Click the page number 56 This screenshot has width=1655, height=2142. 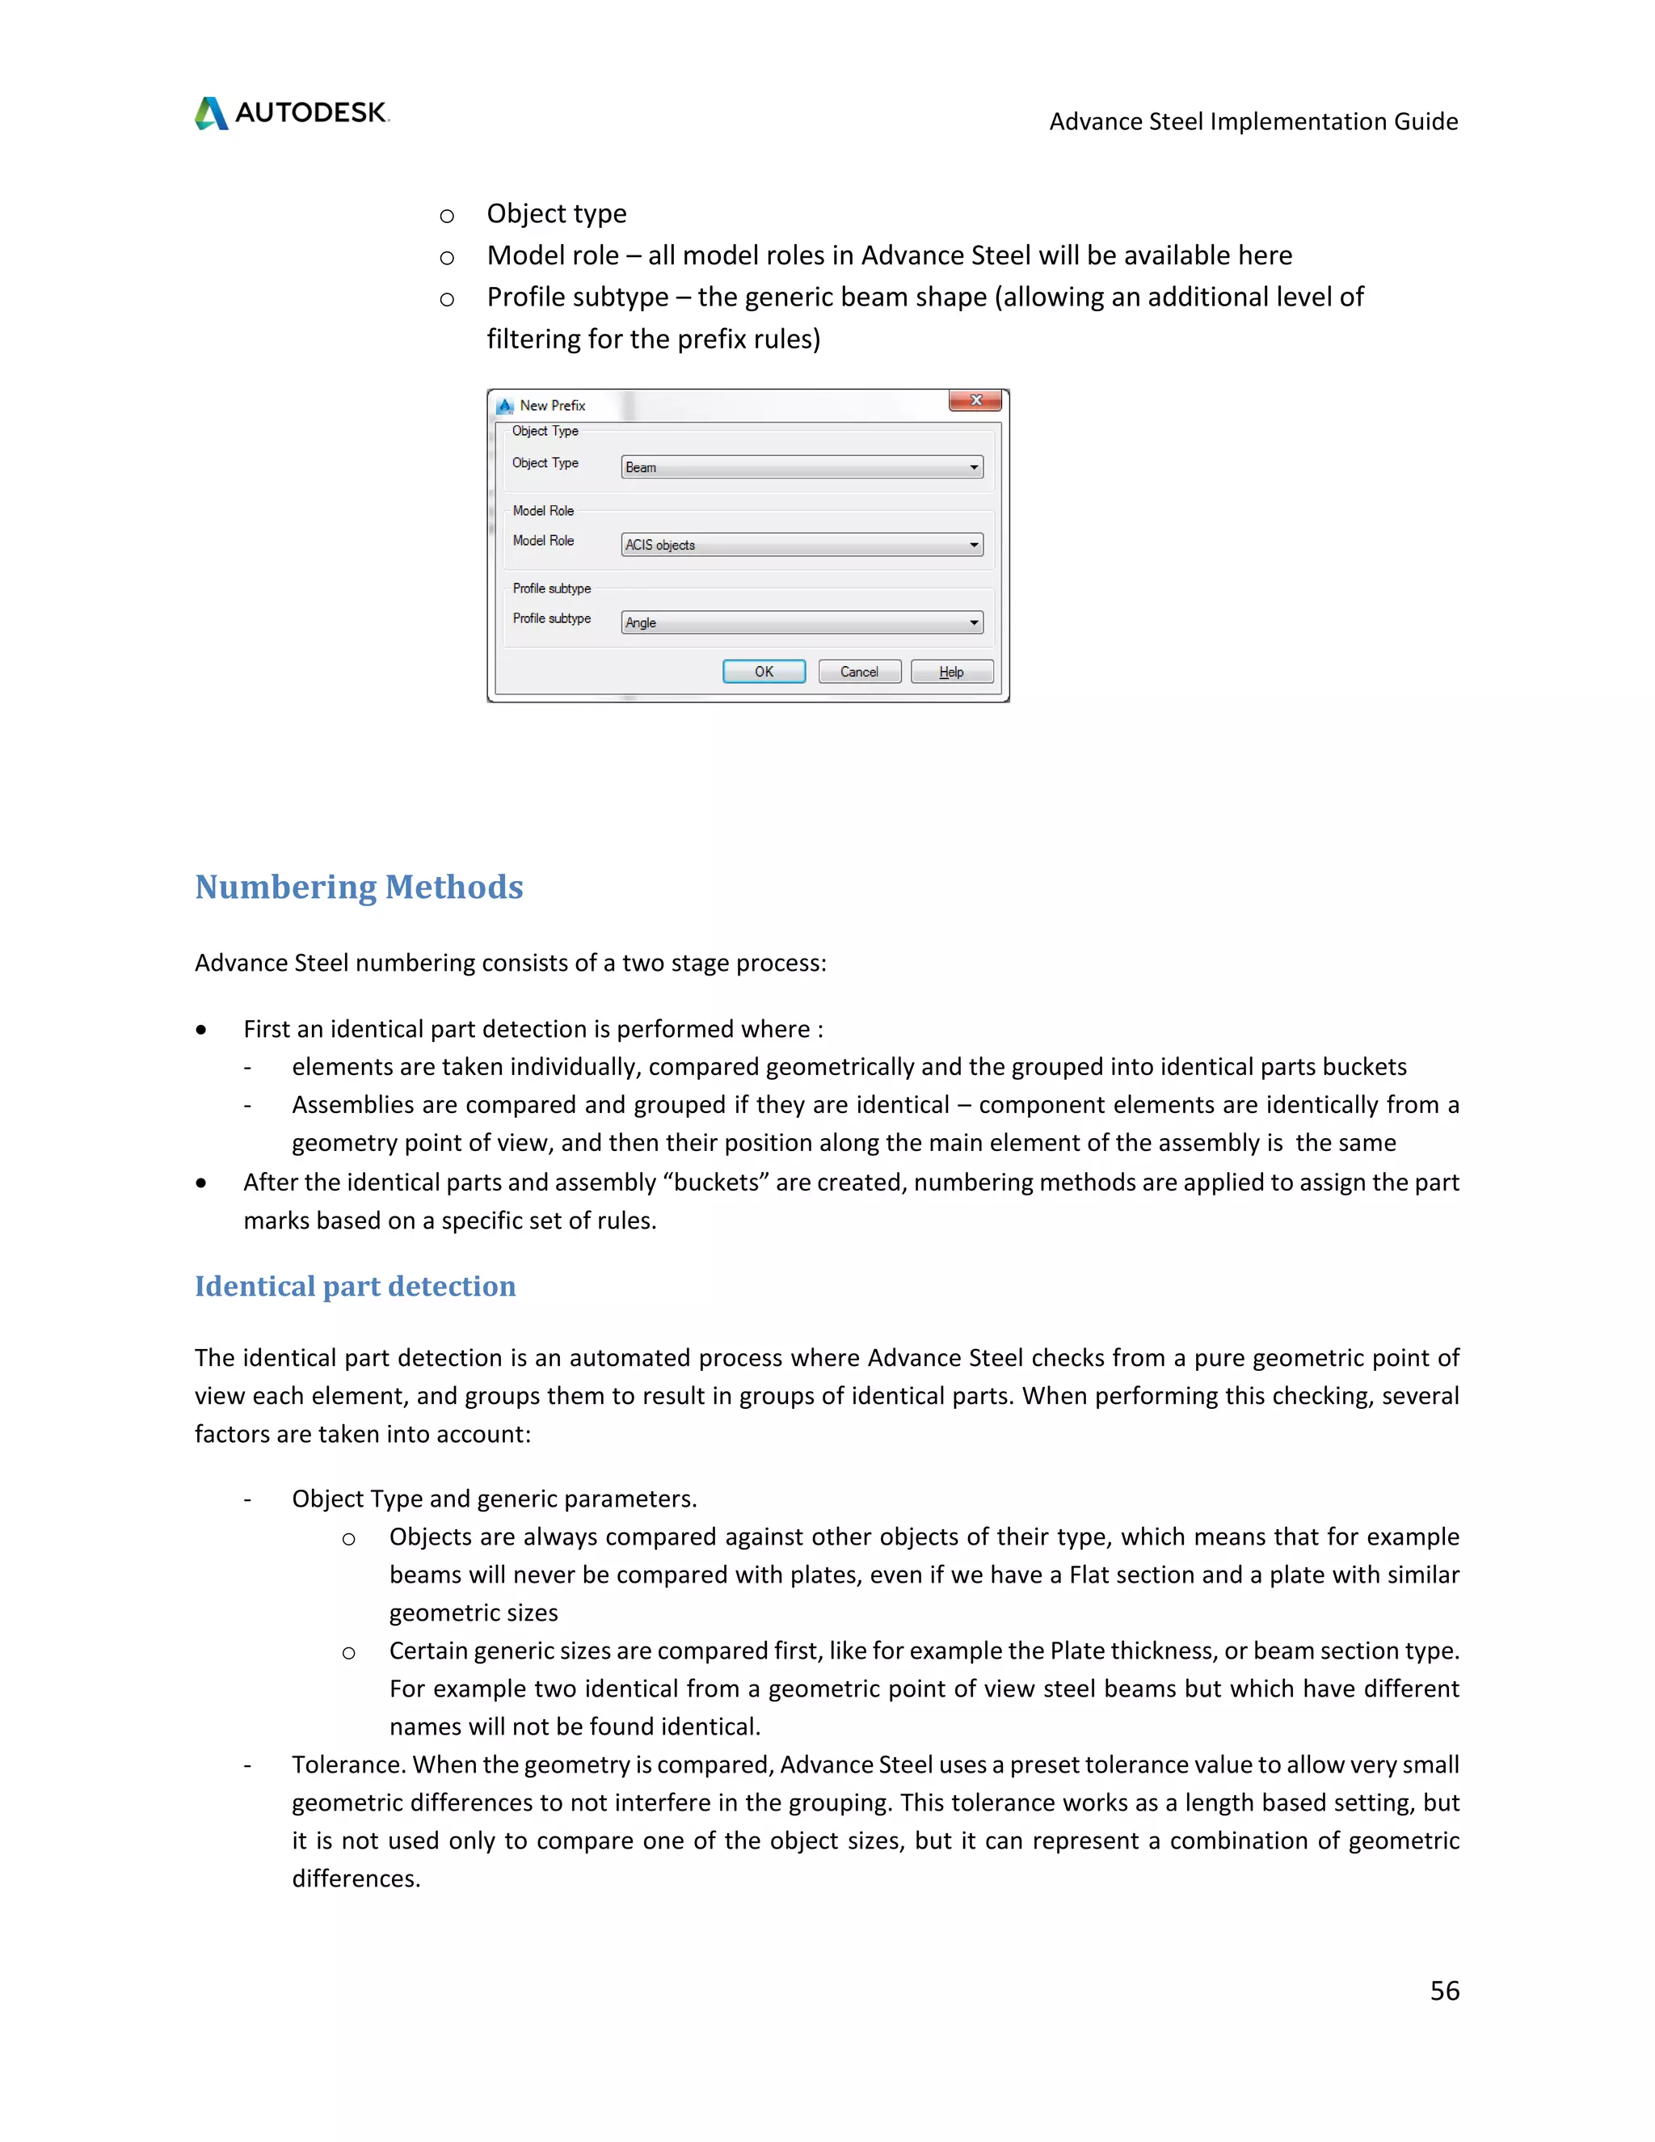point(1444,1990)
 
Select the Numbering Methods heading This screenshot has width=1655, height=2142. point(359,887)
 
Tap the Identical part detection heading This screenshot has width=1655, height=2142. point(355,1286)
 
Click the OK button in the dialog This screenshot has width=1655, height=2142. point(764,672)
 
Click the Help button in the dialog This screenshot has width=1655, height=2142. point(951,672)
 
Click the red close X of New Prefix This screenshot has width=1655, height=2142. point(975,400)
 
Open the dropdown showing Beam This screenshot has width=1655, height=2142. point(802,467)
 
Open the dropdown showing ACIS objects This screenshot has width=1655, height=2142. point(802,544)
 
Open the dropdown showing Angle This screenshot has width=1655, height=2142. point(802,622)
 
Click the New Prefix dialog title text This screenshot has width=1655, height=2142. point(552,405)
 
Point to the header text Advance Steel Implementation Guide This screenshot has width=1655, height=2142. point(1253,121)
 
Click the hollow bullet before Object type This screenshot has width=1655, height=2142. point(447,216)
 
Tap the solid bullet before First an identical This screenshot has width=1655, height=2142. point(201,1030)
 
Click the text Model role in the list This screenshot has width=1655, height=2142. point(552,255)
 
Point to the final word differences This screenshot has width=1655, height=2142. point(355,1878)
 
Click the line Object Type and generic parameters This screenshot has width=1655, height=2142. point(494,1499)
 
